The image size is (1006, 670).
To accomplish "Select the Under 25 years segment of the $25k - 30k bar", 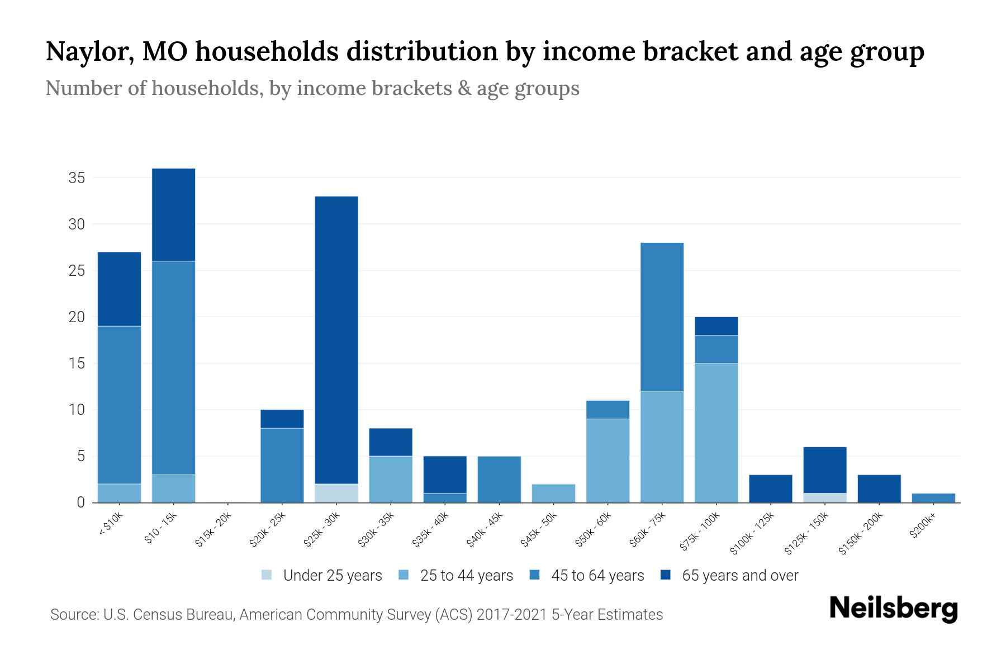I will pyautogui.click(x=336, y=493).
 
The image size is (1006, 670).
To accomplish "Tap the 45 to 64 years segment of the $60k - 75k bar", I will pyautogui.click(x=662, y=317).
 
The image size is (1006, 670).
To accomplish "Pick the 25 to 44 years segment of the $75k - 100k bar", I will pyautogui.click(x=716, y=433).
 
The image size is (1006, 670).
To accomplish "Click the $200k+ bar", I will pyautogui.click(x=933, y=498).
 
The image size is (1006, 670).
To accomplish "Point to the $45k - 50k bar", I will pyautogui.click(x=553, y=493).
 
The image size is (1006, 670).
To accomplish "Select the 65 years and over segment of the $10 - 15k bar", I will pyautogui.click(x=174, y=214).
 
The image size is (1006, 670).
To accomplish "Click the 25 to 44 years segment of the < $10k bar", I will pyautogui.click(x=119, y=493).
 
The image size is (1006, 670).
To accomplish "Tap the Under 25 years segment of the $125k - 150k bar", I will pyautogui.click(x=824, y=497).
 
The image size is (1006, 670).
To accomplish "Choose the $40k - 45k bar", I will pyautogui.click(x=499, y=479).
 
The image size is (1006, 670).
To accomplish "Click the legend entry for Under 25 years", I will pyautogui.click(x=322, y=576).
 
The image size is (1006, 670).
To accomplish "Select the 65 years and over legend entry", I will pyautogui.click(x=729, y=576).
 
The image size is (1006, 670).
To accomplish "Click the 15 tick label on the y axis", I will pyautogui.click(x=77, y=363).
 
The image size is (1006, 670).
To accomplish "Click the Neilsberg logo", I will pyautogui.click(x=893, y=609).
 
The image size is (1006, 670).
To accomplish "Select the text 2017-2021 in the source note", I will pyautogui.click(x=511, y=615).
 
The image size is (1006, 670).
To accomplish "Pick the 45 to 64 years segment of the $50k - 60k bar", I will pyautogui.click(x=608, y=409).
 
